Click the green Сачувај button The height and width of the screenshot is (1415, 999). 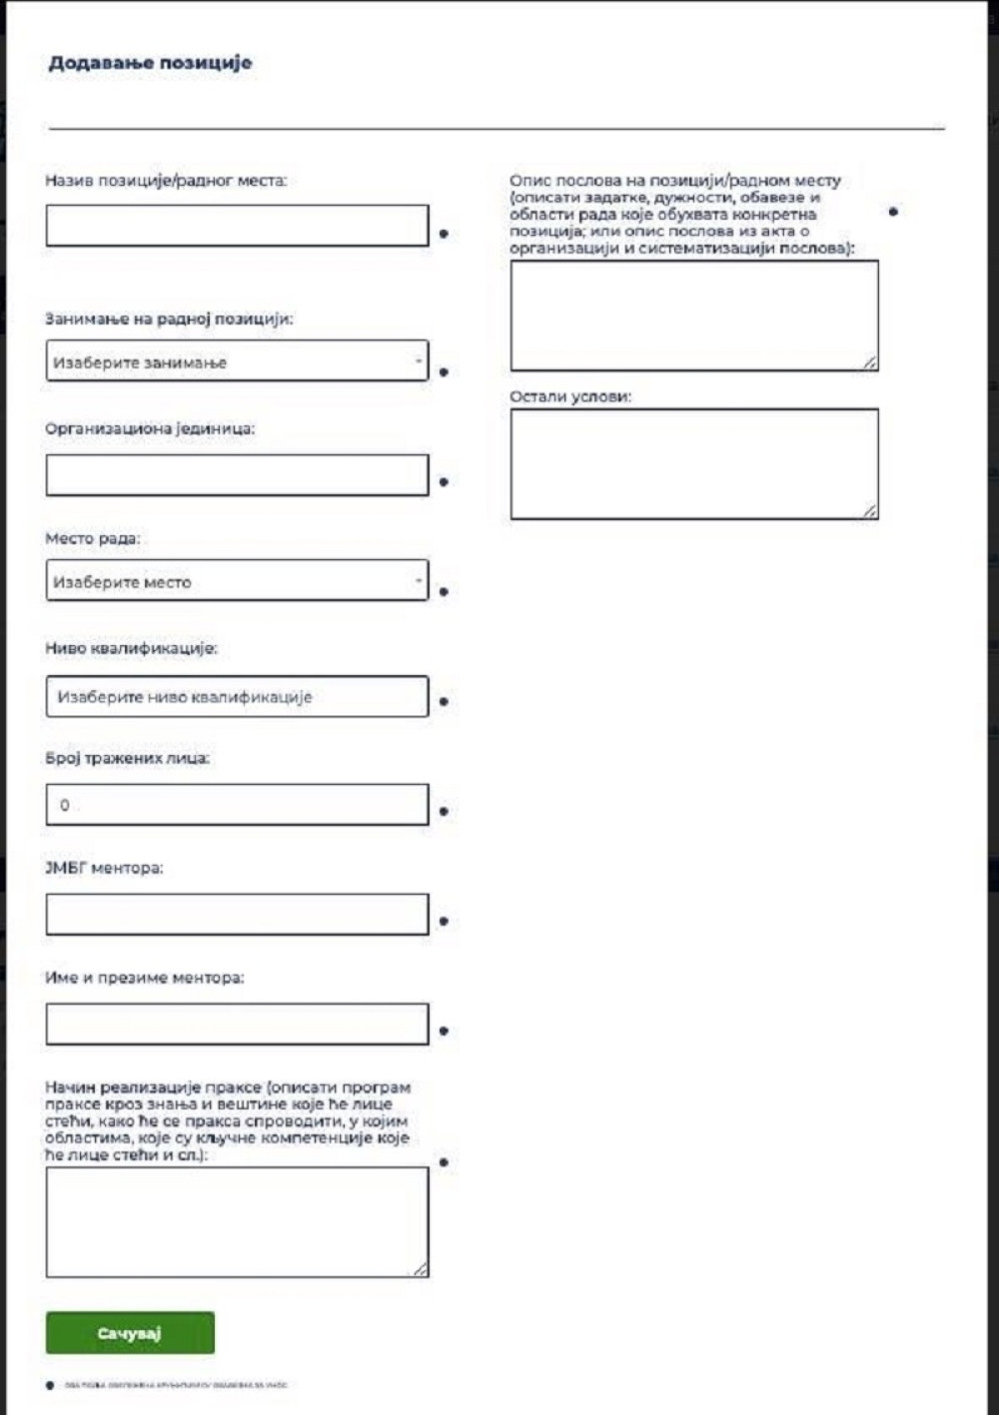(130, 1333)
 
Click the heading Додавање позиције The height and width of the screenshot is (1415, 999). (150, 63)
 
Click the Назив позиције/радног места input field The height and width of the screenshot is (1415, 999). (237, 227)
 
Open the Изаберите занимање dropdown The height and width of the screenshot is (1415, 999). (237, 361)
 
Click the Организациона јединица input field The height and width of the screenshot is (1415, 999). (237, 475)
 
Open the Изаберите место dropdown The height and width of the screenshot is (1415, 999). (237, 581)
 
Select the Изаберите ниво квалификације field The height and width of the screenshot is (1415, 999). (237, 697)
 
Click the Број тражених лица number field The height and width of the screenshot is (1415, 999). (237, 805)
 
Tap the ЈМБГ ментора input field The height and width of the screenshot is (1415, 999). (237, 915)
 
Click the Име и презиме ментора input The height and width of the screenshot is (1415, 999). (237, 1025)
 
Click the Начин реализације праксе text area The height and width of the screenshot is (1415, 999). (237, 1222)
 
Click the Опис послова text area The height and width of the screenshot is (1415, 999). (694, 316)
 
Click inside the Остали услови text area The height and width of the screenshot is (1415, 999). (694, 463)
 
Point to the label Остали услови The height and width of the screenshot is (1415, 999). (570, 396)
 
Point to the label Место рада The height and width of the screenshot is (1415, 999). (93, 538)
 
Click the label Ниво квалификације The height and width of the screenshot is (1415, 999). (131, 648)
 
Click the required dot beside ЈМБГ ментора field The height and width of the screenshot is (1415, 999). (444, 921)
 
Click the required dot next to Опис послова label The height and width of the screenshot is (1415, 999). (893, 212)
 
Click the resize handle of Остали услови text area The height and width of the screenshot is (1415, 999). (870, 511)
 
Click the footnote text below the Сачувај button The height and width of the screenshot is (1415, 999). (175, 1385)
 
